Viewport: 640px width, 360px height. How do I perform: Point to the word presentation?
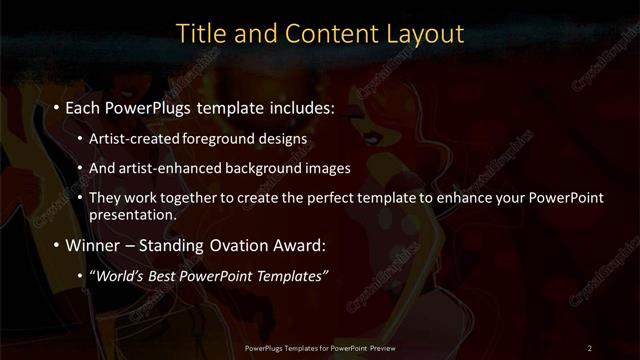[132, 214]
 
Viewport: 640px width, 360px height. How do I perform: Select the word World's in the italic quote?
[118, 275]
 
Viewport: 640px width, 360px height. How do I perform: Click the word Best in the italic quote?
[163, 275]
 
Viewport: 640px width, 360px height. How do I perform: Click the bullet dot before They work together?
[80, 198]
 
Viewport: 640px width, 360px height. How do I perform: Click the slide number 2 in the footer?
[589, 347]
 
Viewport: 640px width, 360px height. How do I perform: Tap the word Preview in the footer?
[380, 347]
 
